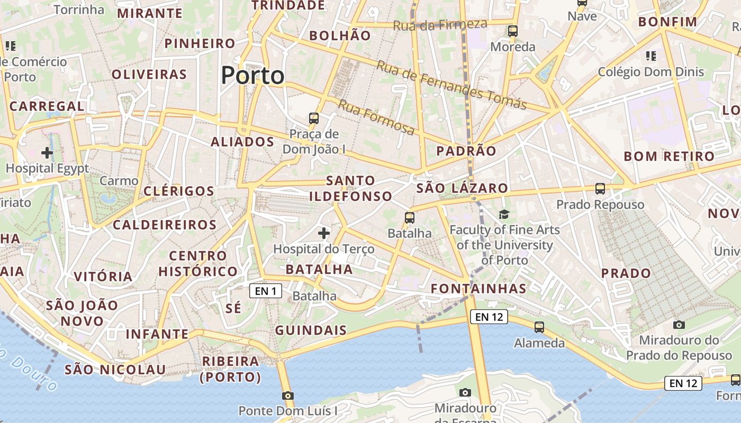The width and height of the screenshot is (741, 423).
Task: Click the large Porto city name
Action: click(x=252, y=76)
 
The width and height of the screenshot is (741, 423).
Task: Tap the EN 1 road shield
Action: click(x=266, y=291)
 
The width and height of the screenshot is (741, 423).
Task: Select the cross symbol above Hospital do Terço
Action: click(x=324, y=233)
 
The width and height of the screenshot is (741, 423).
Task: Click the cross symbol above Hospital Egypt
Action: click(x=47, y=153)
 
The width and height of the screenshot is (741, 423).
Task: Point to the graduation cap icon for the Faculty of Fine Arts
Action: click(x=504, y=214)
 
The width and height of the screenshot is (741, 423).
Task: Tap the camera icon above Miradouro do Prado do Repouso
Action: click(x=679, y=324)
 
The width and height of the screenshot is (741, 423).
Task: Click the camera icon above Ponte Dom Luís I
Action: click(x=287, y=396)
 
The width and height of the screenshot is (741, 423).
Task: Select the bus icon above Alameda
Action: click(x=539, y=327)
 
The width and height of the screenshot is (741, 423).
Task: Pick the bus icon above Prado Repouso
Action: click(x=600, y=189)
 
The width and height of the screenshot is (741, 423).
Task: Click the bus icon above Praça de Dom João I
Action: click(x=314, y=118)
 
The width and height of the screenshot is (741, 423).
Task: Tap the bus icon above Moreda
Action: click(x=512, y=31)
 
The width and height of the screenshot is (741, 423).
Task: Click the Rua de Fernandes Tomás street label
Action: click(x=451, y=85)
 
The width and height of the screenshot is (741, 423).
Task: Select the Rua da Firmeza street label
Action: click(x=440, y=24)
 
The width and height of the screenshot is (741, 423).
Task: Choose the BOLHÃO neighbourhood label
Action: click(x=340, y=36)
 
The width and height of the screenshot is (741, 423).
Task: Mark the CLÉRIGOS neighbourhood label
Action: click(x=179, y=191)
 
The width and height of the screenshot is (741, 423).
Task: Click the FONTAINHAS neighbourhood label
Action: click(x=478, y=289)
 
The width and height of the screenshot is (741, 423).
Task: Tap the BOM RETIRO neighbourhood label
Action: click(x=669, y=157)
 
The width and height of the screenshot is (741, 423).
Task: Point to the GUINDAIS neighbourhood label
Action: click(x=311, y=331)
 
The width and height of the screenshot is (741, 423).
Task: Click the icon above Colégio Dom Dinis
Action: click(x=651, y=56)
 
